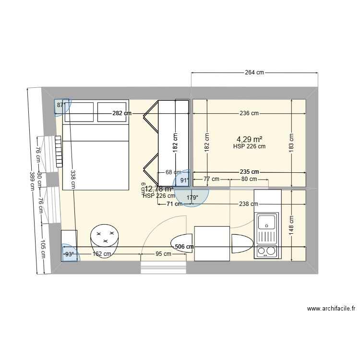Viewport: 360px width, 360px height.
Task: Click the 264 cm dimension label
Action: click(x=254, y=73)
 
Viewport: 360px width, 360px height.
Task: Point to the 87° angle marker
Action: click(x=61, y=105)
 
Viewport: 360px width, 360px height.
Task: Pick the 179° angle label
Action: click(x=192, y=197)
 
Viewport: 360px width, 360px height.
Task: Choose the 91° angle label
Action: click(x=184, y=181)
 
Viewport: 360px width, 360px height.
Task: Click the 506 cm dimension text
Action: click(x=184, y=247)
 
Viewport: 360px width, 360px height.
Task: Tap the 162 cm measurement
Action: click(x=102, y=254)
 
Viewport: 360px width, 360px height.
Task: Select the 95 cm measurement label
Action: click(x=163, y=254)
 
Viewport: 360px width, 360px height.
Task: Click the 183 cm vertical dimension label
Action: click(x=291, y=143)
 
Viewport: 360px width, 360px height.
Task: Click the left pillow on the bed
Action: click(x=79, y=111)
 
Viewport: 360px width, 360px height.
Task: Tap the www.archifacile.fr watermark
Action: click(x=330, y=309)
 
